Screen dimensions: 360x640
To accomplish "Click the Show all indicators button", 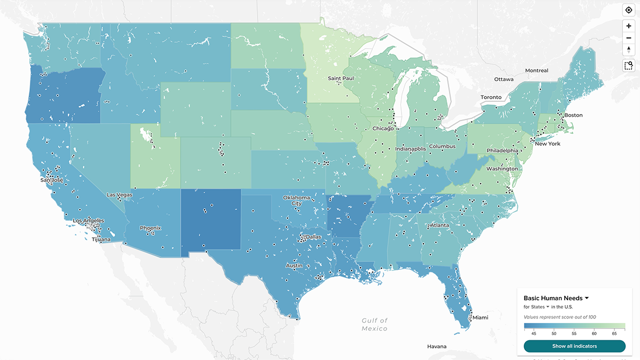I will point(574,346).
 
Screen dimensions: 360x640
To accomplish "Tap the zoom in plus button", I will point(629,26).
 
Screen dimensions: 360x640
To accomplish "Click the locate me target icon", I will point(629,10).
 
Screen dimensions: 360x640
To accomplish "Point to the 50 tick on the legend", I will point(554,333).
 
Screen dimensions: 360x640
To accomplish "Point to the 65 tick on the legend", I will point(614,333).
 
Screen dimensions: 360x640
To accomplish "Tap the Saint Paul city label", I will point(341,79).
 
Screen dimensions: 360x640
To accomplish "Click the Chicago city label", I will point(383,129).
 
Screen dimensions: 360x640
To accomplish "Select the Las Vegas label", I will point(119,195).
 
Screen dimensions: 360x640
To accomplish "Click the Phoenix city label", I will point(150,228).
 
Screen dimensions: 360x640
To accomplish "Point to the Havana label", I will point(437,347).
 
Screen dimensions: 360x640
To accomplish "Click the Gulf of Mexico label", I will point(374,324).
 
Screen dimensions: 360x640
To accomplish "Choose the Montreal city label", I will point(536,70).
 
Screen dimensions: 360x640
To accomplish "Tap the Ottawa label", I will point(503,79).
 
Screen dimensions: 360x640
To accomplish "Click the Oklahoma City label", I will point(300,201).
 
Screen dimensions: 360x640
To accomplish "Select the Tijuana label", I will point(101,239).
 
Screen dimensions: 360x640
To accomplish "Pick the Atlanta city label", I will point(439,225).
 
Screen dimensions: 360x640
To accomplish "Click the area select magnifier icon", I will point(629,66).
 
